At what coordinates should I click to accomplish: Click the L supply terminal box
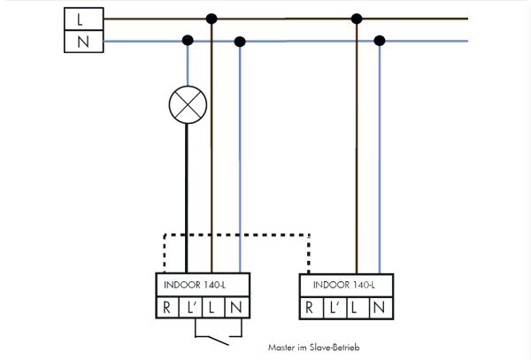point(81,17)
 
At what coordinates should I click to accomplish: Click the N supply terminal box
point(81,40)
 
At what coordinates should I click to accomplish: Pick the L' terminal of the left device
point(190,307)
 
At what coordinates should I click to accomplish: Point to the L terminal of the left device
point(212,307)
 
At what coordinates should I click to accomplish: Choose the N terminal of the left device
point(235,307)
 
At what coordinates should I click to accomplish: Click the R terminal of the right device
point(309,308)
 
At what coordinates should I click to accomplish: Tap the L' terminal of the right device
point(332,308)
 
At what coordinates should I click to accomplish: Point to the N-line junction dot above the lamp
point(188,40)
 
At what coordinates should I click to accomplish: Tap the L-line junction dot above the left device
point(211,18)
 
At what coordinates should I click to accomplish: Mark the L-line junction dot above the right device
point(356,18)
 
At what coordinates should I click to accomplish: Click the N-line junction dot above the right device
point(380,40)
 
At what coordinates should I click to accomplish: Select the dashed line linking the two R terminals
point(237,235)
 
